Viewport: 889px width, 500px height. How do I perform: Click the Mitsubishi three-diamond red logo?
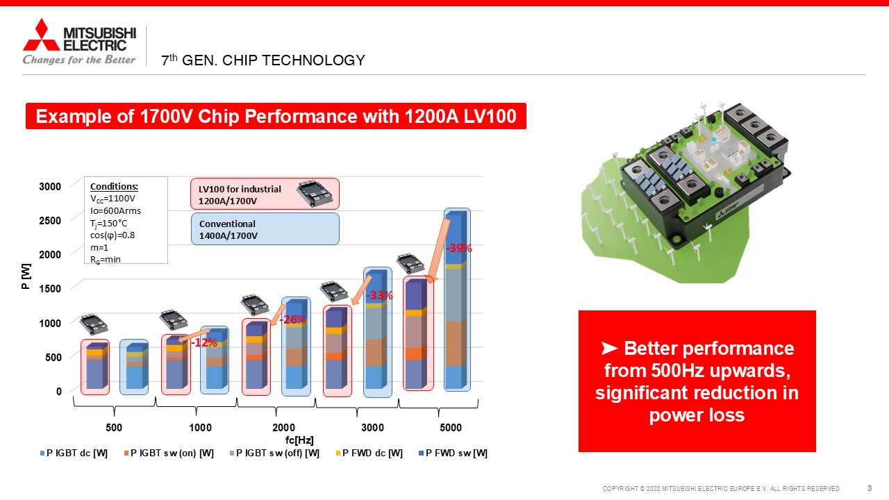(x=41, y=35)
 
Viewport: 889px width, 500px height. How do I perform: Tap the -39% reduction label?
(x=459, y=248)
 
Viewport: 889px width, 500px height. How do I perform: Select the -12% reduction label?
(x=204, y=342)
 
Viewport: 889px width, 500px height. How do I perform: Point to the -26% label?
(x=293, y=319)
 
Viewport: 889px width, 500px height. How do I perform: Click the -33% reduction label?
(x=379, y=295)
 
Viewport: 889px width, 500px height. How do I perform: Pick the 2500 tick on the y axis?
(x=50, y=221)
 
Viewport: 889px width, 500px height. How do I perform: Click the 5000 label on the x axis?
(x=451, y=427)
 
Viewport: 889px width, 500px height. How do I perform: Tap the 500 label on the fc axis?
(x=114, y=427)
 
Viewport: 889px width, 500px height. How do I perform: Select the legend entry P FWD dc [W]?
(x=369, y=453)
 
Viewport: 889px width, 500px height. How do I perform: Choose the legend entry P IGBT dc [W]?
(x=74, y=453)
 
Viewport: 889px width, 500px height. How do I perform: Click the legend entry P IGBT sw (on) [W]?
(x=169, y=453)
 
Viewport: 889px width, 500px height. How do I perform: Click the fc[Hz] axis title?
(x=299, y=440)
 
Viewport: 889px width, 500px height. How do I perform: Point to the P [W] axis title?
(x=26, y=276)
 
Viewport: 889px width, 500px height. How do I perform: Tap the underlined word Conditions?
(x=115, y=187)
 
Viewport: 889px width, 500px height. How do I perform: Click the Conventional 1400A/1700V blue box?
(x=265, y=229)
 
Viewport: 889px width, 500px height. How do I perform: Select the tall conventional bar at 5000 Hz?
(x=457, y=299)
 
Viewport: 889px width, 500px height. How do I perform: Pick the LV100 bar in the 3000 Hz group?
(x=338, y=351)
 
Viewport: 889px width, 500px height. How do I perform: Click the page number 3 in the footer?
(x=869, y=488)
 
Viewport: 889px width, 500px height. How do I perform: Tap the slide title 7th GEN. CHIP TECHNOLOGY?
(x=263, y=60)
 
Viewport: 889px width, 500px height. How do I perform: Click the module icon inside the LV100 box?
(x=315, y=193)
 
